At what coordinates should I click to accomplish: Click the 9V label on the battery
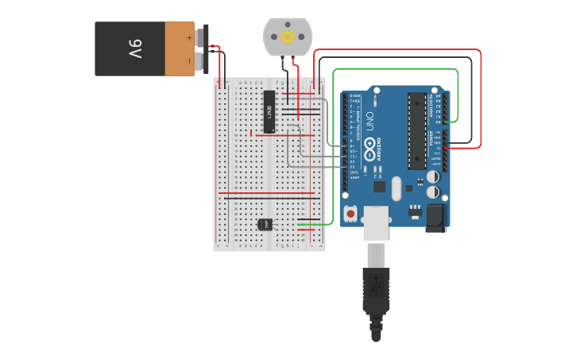[x=134, y=49]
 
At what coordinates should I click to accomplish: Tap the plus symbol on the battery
[x=189, y=37]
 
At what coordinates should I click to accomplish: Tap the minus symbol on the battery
[x=189, y=60]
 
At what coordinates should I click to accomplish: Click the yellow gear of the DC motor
[x=288, y=37]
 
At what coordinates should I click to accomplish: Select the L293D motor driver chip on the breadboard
[x=269, y=111]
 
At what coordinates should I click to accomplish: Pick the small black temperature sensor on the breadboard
[x=265, y=224]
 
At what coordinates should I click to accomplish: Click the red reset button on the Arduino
[x=350, y=213]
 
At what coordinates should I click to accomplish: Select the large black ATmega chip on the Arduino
[x=417, y=131]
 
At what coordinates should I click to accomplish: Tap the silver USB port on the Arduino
[x=377, y=223]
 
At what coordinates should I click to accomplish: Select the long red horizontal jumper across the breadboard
[x=267, y=193]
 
